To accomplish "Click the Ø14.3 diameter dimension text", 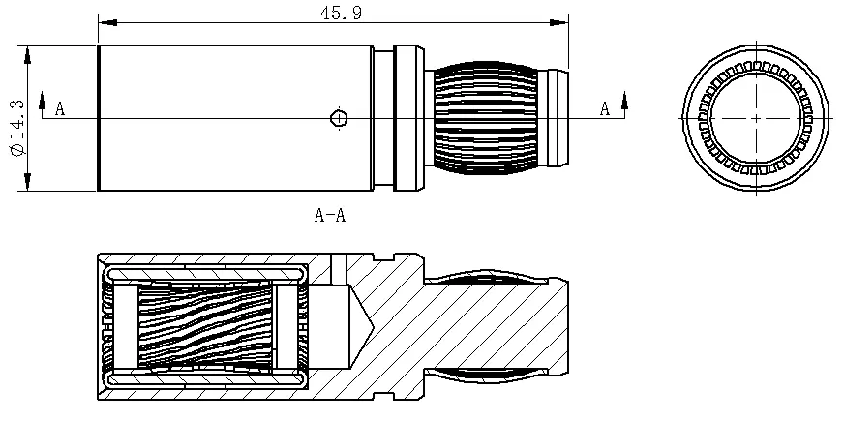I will tap(14, 126).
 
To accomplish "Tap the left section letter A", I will tap(59, 109).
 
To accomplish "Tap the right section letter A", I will tap(604, 109).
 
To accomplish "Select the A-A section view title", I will tap(329, 215).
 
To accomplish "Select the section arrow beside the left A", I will tap(43, 101).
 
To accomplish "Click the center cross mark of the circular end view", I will tap(756, 117).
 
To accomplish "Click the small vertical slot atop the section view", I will tap(338, 264).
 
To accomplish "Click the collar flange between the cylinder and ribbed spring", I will tap(406, 118).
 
